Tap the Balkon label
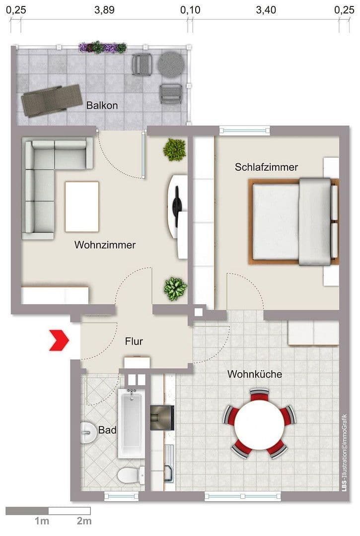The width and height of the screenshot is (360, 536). pyautogui.click(x=102, y=105)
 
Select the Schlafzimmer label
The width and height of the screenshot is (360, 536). pyautogui.click(x=266, y=167)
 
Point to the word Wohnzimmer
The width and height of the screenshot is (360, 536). pyautogui.click(x=105, y=245)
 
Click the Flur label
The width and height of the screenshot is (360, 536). pyautogui.click(x=134, y=341)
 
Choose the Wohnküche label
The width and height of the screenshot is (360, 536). pyautogui.click(x=254, y=374)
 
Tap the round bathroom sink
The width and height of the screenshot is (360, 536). pyautogui.click(x=88, y=432)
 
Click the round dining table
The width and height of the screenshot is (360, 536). pyautogui.click(x=258, y=423)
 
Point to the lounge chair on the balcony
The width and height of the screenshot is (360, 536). pyautogui.click(x=52, y=100)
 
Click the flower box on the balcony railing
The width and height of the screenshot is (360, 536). pyautogui.click(x=103, y=48)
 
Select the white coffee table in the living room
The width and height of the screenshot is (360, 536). pyautogui.click(x=82, y=206)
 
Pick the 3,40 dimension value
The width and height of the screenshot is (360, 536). pyautogui.click(x=266, y=10)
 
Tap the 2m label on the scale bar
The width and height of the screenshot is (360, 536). pyautogui.click(x=84, y=521)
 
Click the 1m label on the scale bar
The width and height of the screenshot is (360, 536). pyautogui.click(x=42, y=521)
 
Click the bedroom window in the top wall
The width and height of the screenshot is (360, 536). pyautogui.click(x=245, y=131)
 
